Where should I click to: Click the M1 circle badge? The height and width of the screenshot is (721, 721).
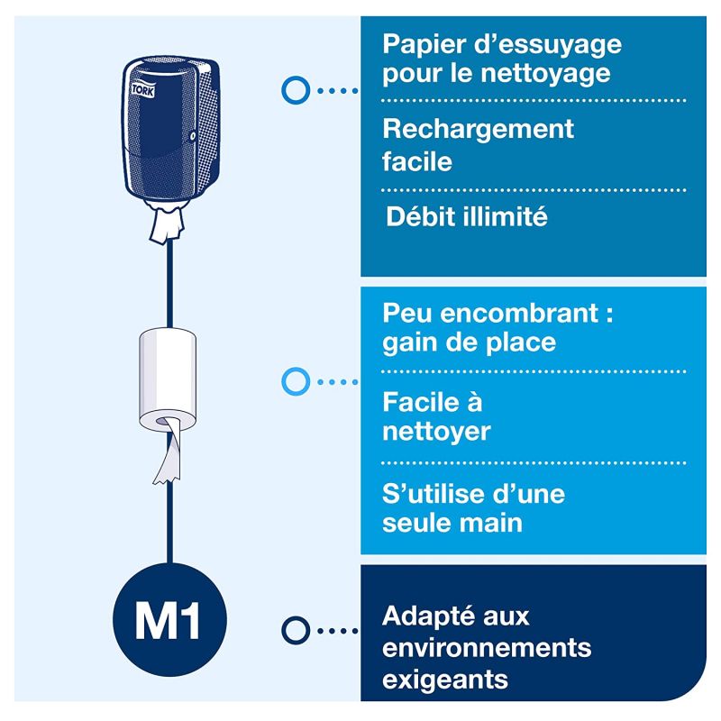pos(168,621)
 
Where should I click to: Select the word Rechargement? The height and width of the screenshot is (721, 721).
pos(478,130)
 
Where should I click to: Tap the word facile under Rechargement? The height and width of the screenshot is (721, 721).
pos(417,161)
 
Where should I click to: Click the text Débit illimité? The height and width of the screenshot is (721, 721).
pos(466,217)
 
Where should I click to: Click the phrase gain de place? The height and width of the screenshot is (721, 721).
pos(469,343)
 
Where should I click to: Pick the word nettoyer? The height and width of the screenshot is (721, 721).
pos(436,431)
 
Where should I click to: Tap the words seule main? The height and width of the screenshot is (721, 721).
pos(452,524)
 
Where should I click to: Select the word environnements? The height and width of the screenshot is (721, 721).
pos(487,648)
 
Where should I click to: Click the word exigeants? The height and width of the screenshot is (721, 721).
pos(445,679)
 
